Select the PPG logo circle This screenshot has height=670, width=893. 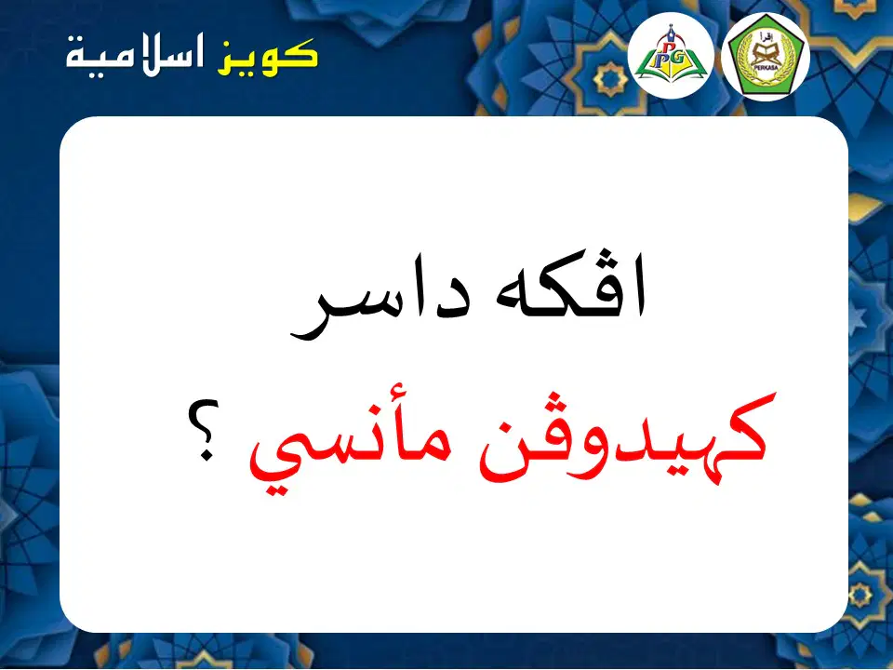click(671, 55)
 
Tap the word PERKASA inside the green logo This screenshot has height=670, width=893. click(765, 67)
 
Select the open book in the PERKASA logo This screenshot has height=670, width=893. click(766, 55)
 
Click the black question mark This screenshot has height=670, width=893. click(205, 429)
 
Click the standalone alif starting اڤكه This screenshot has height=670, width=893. click(637, 288)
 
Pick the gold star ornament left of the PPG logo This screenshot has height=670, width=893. click(610, 80)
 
